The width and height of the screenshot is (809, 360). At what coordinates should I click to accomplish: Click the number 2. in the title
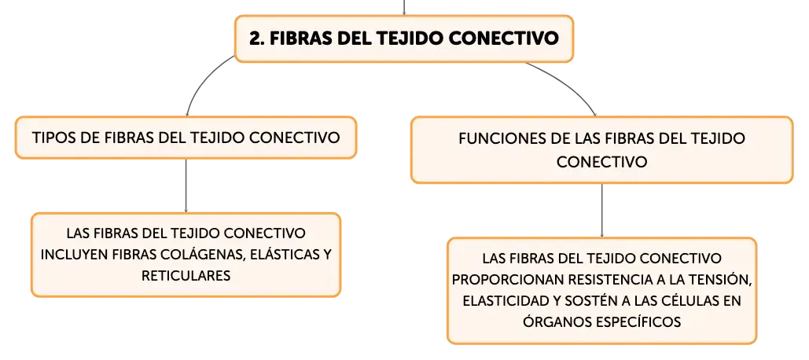[x=256, y=39]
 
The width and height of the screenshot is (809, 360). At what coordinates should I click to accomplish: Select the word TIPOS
[x=51, y=138]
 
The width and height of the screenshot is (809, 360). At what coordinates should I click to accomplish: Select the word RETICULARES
[x=186, y=276]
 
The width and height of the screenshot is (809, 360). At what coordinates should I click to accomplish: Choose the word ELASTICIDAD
[x=506, y=301]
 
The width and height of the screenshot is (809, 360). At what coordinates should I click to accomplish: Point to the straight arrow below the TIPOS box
[x=186, y=186]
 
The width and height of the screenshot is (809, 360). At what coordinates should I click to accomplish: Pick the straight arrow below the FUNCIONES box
[x=602, y=210]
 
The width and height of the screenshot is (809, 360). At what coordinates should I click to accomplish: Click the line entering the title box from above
[x=404, y=7]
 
